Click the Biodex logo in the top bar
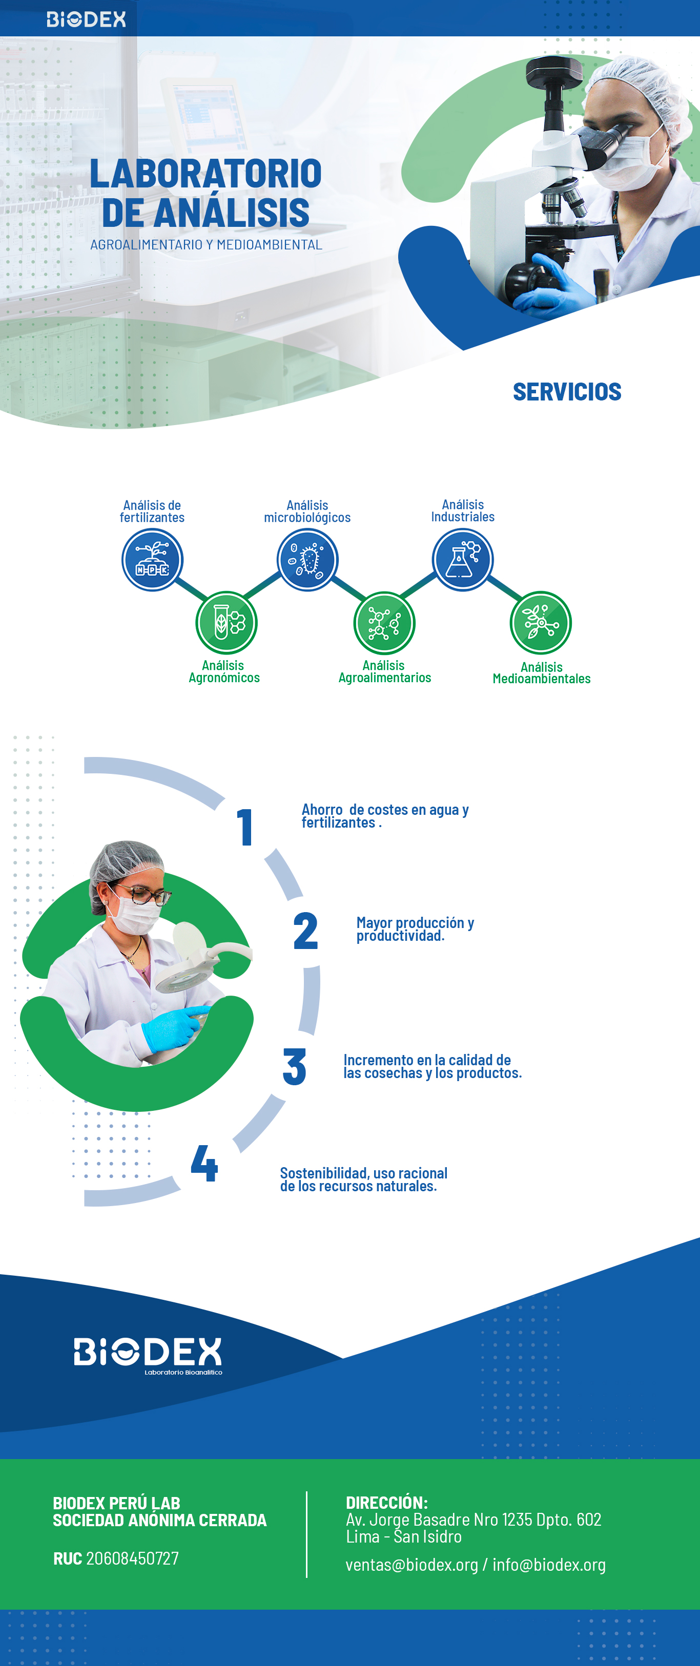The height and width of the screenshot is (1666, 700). tap(86, 19)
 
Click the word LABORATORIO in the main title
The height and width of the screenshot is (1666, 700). tap(205, 173)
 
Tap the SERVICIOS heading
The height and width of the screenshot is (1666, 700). tap(567, 392)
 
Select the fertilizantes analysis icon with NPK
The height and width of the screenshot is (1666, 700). tap(153, 559)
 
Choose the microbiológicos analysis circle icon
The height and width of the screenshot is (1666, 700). tap(307, 559)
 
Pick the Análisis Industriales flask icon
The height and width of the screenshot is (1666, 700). tap(463, 559)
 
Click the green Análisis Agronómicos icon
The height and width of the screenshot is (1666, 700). tap(227, 622)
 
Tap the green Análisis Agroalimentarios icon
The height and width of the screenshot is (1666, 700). tap(384, 622)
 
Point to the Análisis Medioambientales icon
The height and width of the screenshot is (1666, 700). tap(541, 622)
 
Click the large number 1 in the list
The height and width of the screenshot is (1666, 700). tap(244, 827)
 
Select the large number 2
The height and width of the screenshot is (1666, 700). tap(305, 931)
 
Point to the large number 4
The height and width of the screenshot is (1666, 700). tap(204, 1163)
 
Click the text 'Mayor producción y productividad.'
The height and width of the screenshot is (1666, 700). tap(415, 929)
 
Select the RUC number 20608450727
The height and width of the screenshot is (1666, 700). tap(133, 1558)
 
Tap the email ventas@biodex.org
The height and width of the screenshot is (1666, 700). tap(411, 1565)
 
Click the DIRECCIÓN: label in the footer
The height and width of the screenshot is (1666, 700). tap(386, 1503)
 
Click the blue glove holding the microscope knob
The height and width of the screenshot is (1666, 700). tap(557, 285)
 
